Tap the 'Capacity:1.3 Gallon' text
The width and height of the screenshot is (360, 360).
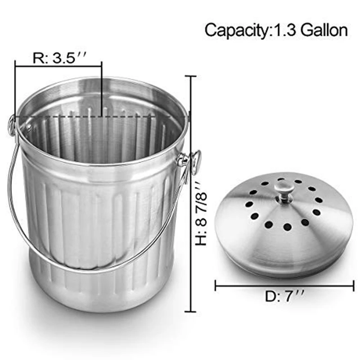pos(276,30)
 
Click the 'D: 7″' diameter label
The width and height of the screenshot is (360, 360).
pos(285,298)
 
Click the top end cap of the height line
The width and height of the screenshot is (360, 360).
pos(191,76)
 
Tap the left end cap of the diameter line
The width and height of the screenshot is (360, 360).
pos(216,285)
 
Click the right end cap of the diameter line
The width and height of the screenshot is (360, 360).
pos(354,285)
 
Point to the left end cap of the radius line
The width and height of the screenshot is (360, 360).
pos(16,67)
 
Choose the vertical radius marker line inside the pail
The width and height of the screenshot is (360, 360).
pos(102,90)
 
